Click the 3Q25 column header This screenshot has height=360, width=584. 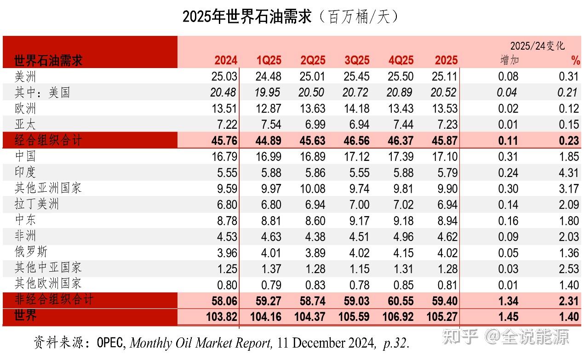tap(357, 60)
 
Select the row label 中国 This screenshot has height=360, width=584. tap(25, 156)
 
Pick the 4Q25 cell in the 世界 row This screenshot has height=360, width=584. tap(398, 317)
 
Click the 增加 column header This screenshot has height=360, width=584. tap(509, 60)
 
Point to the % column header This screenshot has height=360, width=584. tap(575, 60)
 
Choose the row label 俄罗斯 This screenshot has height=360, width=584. tap(31, 252)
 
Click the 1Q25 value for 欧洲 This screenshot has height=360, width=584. tap(269, 109)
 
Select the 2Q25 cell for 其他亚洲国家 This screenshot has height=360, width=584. tap(312, 189)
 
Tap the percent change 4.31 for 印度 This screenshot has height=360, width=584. tap(569, 172)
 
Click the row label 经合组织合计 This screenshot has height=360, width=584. tap(48, 140)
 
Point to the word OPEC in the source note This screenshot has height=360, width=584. tap(111, 343)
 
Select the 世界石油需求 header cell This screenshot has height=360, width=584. tap(48, 60)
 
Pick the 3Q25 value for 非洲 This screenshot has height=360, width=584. tap(357, 237)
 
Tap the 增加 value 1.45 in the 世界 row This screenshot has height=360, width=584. tap(508, 317)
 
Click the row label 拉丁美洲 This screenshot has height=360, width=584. tap(37, 204)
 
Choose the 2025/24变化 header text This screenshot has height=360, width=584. tap(537, 46)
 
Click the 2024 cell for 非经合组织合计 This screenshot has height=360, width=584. tap(224, 301)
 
